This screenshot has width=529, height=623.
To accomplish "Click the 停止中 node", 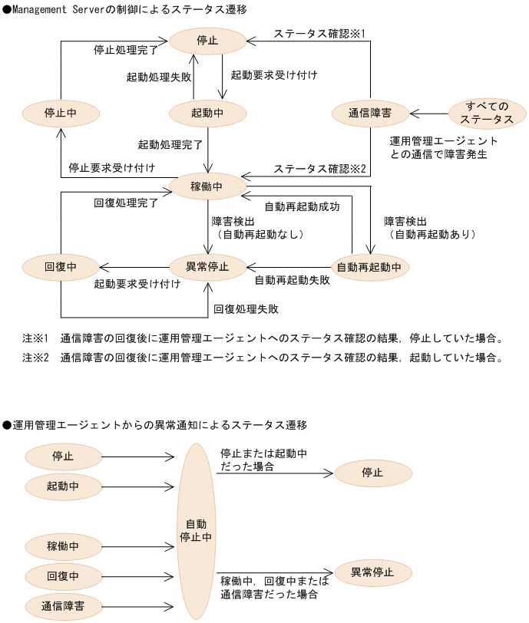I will pos(61,113).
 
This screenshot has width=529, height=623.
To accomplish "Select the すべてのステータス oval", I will pos(488,113).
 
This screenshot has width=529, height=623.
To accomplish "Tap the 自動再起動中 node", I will pos(369,267).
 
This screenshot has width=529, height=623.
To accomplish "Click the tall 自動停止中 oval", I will pos(196,530).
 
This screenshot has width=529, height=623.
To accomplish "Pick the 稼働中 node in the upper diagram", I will pos(207,186).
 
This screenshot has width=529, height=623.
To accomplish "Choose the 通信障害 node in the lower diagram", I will pos(63,606).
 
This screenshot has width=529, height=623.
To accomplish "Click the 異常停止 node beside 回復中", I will pos(207,267).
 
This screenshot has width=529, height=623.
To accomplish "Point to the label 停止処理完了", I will pos(126,50).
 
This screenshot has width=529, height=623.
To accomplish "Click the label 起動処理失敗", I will pos(159,77).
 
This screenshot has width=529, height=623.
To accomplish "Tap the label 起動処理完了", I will pos(170,144).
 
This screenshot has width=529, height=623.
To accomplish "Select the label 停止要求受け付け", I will pos(112,168).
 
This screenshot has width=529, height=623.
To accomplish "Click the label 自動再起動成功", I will pos(302,206).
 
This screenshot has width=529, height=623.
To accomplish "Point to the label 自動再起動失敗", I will pos(292,280).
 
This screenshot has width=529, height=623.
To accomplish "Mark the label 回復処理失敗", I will pos(246,308).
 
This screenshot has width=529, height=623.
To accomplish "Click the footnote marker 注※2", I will pos(35,357).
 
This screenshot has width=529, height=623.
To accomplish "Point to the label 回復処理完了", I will pos(126,203).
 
